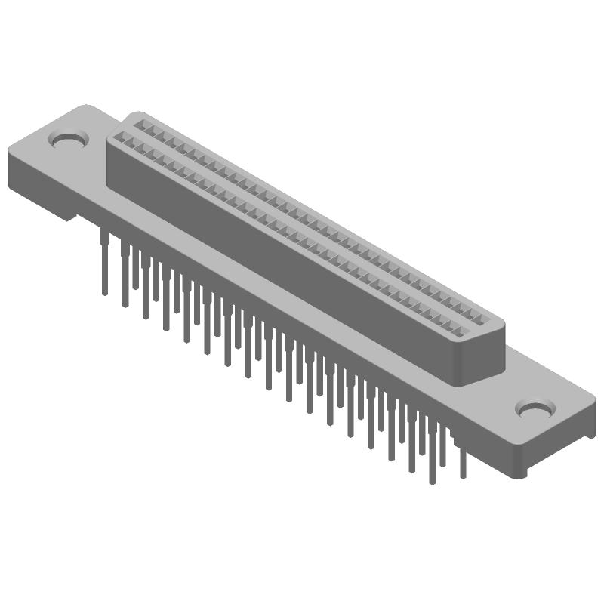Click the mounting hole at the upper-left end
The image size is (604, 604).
68,140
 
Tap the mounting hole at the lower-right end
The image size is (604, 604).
535,409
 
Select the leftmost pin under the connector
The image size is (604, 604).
103,260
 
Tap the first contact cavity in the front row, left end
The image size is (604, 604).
121,139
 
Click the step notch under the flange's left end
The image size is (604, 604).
72,217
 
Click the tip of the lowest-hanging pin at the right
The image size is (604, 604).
431,482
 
